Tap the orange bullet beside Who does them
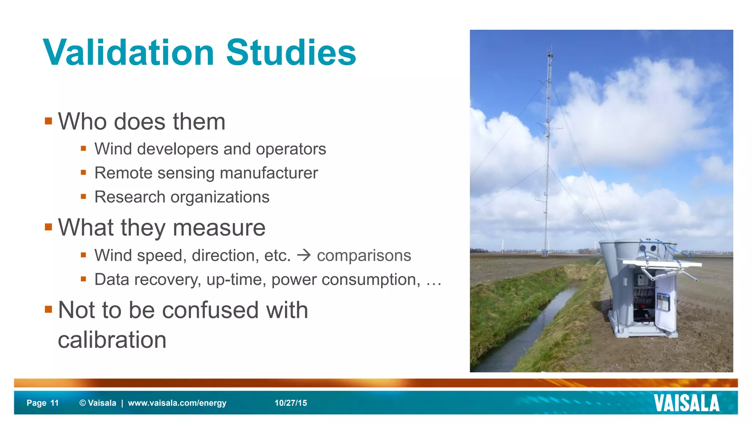[48, 121]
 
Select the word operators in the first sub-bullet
[291, 149]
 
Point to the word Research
[130, 197]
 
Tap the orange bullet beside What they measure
[48, 227]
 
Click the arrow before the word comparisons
[304, 255]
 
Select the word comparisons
[364, 256]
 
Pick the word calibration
[112, 340]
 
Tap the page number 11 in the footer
[55, 403]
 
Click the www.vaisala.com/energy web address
[177, 403]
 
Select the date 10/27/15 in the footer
[290, 403]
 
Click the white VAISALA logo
[686, 403]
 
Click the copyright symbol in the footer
[83, 403]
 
